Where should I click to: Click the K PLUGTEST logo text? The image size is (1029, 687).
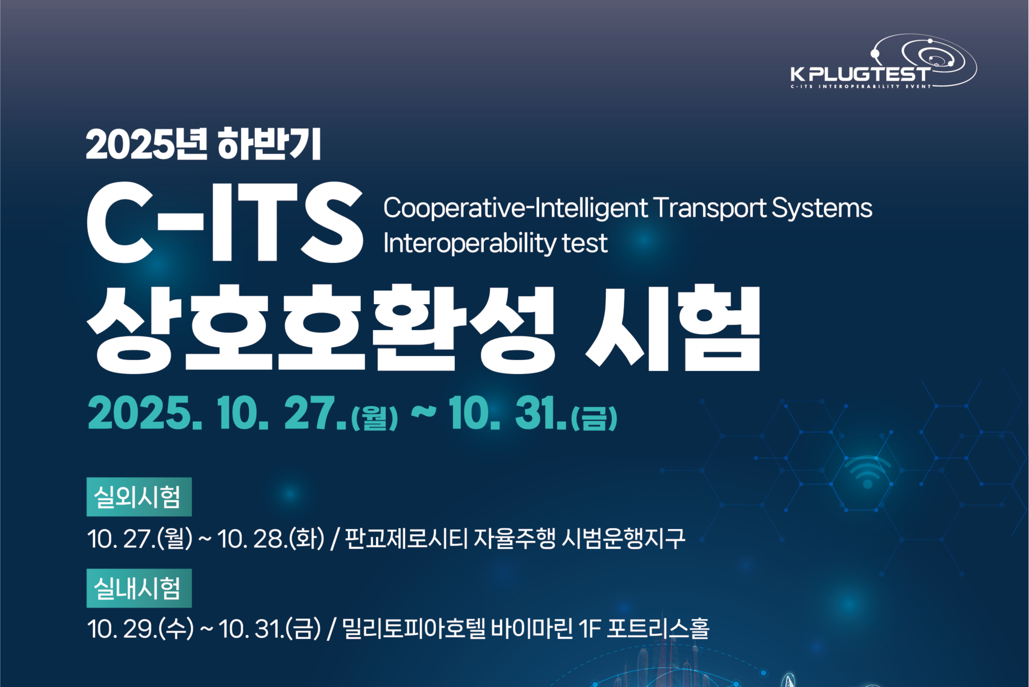860,74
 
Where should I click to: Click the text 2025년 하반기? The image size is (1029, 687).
203,144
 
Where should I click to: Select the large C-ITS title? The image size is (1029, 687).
225,223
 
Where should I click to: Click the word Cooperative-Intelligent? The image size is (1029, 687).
515,208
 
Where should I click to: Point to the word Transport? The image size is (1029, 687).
710,208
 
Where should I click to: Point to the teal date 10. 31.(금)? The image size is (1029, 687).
533,413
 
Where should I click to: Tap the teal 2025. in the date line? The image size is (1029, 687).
145,412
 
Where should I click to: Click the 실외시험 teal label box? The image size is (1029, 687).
139,497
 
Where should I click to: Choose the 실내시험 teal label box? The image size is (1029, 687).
139,588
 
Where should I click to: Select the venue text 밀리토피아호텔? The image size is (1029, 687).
414,629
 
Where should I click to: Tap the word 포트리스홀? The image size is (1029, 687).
658,629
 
